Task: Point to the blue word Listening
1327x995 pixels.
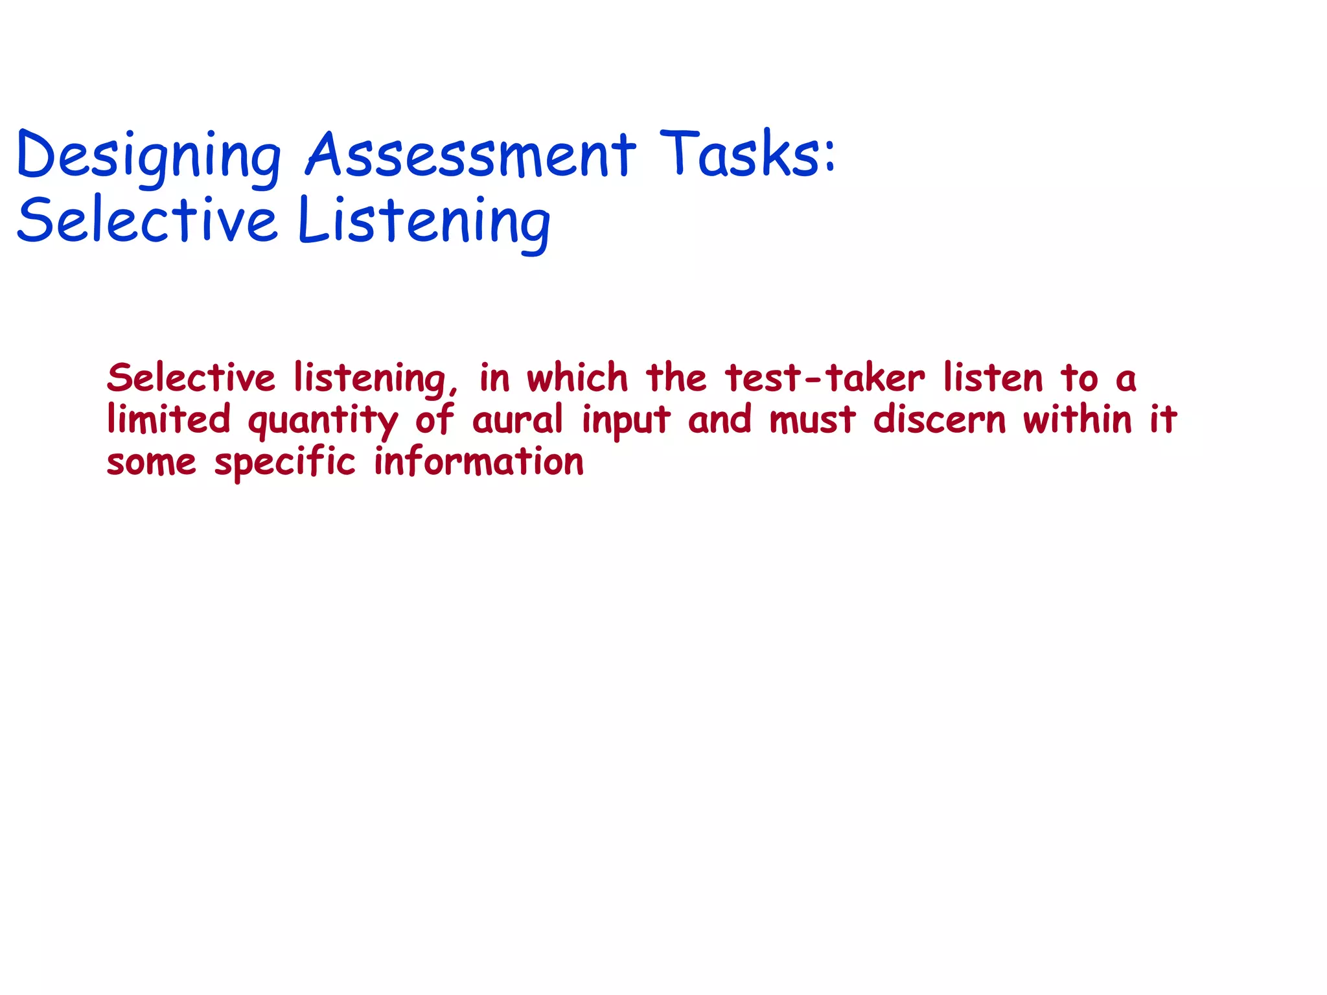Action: (x=424, y=222)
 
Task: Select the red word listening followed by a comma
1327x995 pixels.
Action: (x=375, y=379)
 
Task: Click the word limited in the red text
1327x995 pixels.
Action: (x=168, y=419)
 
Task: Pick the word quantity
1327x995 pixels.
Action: (x=323, y=421)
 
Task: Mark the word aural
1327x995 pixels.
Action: (x=517, y=419)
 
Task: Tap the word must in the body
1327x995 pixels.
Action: (x=813, y=420)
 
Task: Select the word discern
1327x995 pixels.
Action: (x=940, y=419)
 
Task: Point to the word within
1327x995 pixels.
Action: (x=1078, y=419)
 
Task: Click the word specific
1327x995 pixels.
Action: (x=285, y=463)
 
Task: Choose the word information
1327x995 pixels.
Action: (x=479, y=461)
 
